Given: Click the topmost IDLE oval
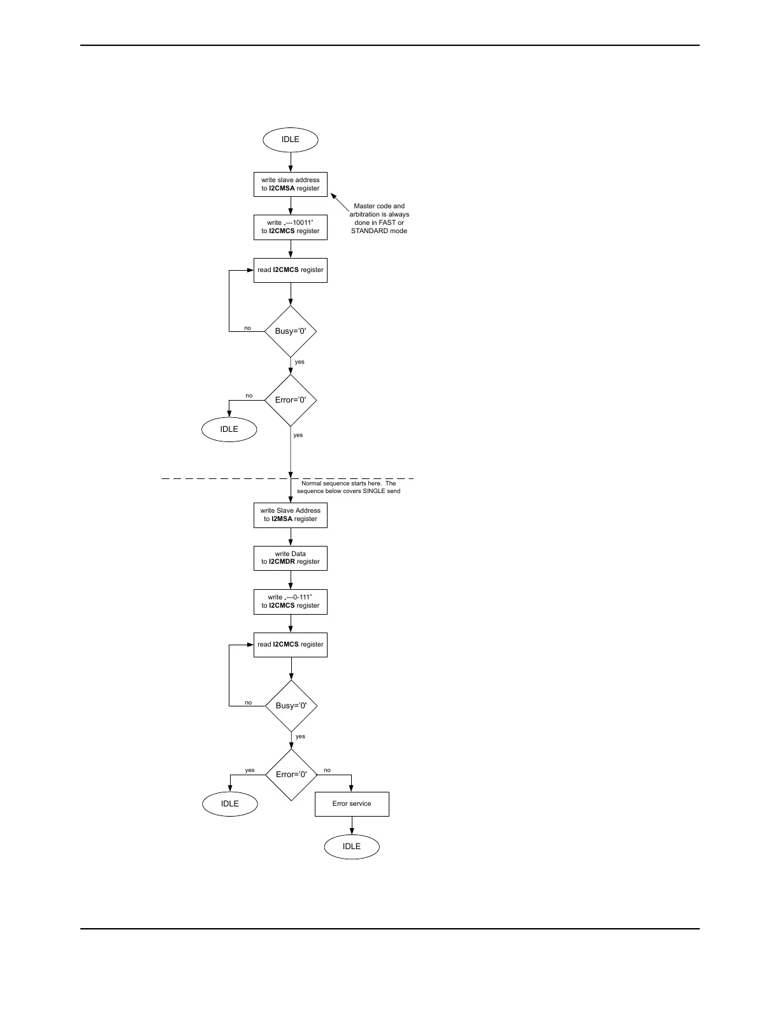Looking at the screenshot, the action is coord(290,140).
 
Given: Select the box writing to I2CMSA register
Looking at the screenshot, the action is coord(290,184).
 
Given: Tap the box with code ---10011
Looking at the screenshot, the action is coord(290,227).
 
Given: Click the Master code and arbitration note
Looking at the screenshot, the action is coord(379,218).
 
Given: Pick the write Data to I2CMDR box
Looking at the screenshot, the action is coord(290,558).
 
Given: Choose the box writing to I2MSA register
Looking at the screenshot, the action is coord(290,515).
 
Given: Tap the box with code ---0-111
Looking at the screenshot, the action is coord(290,601).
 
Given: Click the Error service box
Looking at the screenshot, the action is coord(352,804).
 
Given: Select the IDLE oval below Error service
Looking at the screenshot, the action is coord(352,847).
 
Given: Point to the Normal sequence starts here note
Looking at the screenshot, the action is coord(348,487).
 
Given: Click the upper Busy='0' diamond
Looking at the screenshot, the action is coord(291,331).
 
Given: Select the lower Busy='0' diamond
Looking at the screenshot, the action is coord(291,706).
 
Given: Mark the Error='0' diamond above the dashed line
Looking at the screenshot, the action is coord(291,400).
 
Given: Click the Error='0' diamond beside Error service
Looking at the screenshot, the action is coord(291,775).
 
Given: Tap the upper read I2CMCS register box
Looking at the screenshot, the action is coord(290,270).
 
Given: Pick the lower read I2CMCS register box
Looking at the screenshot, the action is coord(290,645).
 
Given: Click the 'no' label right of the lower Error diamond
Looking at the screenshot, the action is coord(328,770).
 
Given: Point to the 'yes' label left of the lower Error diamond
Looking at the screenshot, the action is coord(250,770).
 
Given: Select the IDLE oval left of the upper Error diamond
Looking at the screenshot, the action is coord(229,429).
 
